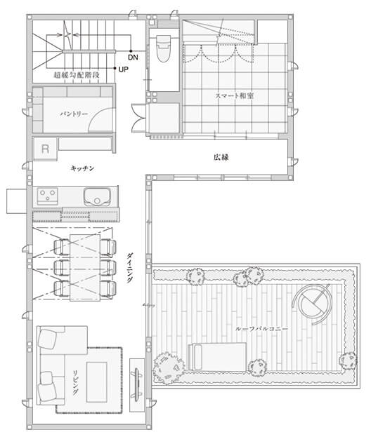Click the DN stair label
[x=133, y=58]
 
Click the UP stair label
[x=123, y=69]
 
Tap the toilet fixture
[x=164, y=48]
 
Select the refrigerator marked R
[x=45, y=149]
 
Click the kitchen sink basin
[x=97, y=196]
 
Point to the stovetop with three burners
[x=48, y=196]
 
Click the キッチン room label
[x=82, y=168]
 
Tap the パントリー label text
[x=74, y=114]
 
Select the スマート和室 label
[x=235, y=96]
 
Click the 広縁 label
[x=221, y=157]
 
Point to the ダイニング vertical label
[x=130, y=267]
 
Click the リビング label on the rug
[x=76, y=382]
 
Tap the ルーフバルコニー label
[x=261, y=329]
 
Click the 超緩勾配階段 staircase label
[x=77, y=75]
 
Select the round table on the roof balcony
[x=311, y=304]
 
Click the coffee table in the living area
[x=97, y=382]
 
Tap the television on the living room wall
[x=137, y=384]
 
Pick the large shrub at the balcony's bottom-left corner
[x=169, y=367]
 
